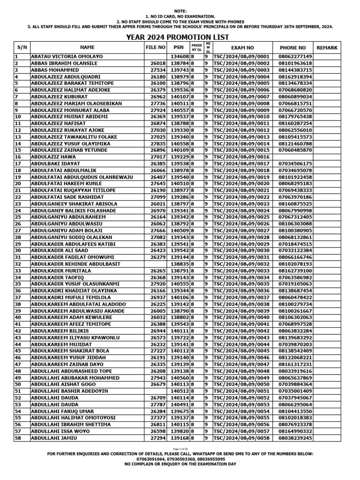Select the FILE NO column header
(x=156, y=47)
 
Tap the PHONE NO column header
(x=292, y=48)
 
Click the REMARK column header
(x=327, y=48)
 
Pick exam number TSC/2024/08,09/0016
(x=241, y=157)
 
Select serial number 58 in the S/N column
(x=19, y=438)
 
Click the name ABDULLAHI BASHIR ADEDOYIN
(x=69, y=391)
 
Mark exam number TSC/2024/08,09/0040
(x=241, y=318)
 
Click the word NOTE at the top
(x=180, y=10)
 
